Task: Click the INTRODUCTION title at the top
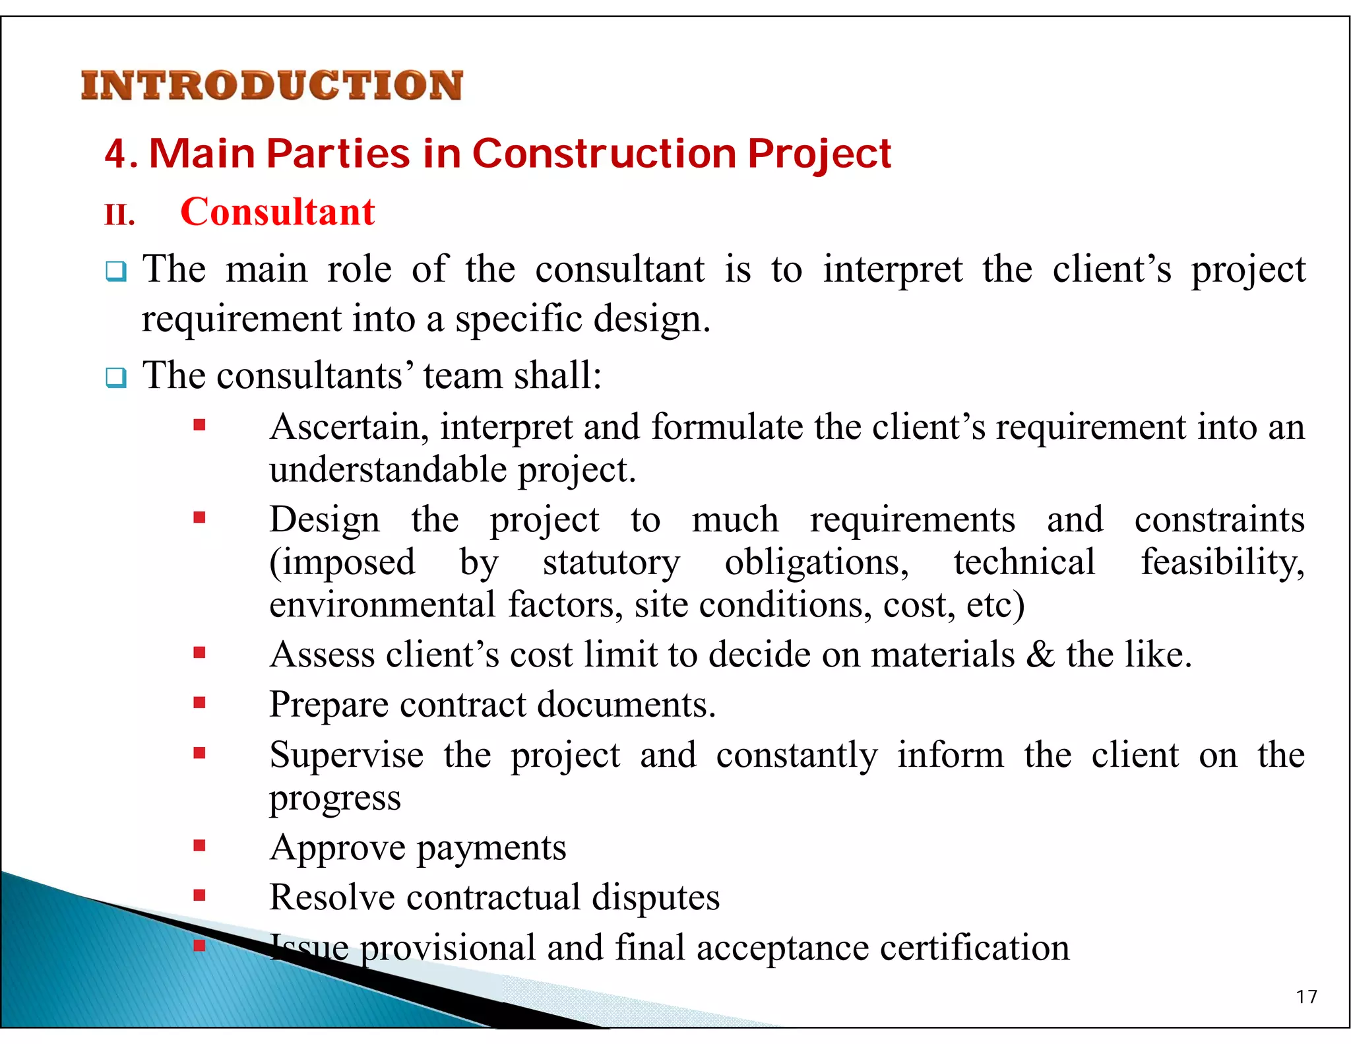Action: click(x=272, y=86)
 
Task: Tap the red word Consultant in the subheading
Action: click(x=277, y=212)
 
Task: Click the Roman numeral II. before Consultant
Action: click(x=119, y=215)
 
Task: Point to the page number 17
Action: click(x=1306, y=996)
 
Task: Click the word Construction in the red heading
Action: click(x=604, y=154)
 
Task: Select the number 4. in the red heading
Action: click(x=120, y=154)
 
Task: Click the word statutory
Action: click(x=611, y=562)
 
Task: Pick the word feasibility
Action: click(x=1222, y=562)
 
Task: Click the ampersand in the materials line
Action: click(x=1040, y=655)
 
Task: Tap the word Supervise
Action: click(x=346, y=755)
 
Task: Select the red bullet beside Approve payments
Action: click(x=199, y=845)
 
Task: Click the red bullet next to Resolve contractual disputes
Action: click(x=199, y=896)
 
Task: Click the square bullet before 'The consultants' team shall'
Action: click(x=116, y=378)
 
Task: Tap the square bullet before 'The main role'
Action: click(x=116, y=271)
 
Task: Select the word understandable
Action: click(x=388, y=470)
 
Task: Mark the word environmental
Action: click(x=383, y=605)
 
